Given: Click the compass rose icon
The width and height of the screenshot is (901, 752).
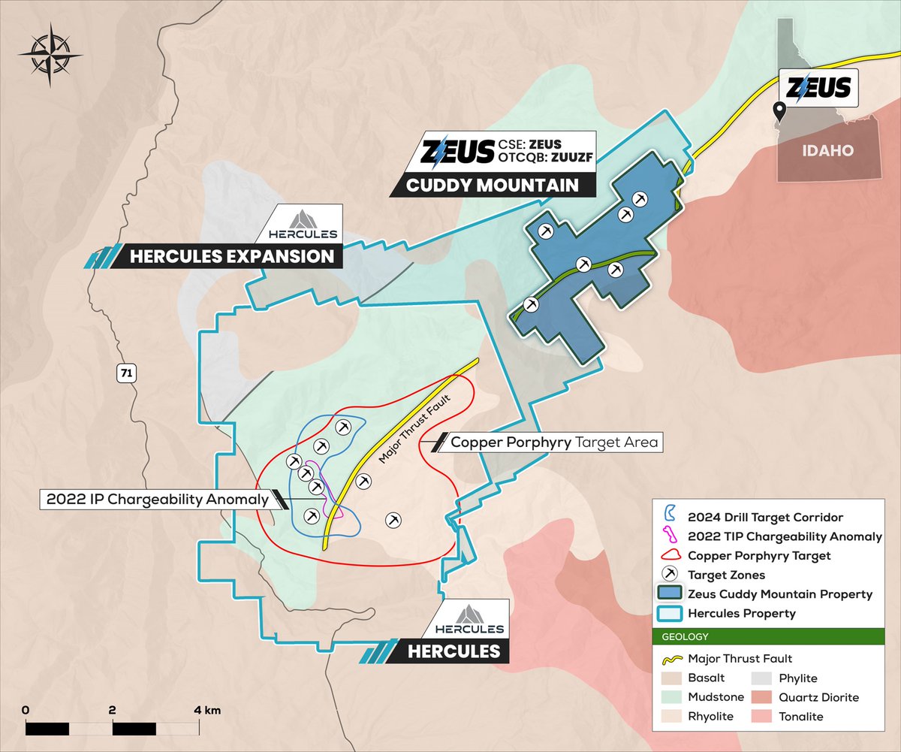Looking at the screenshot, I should tap(47, 55).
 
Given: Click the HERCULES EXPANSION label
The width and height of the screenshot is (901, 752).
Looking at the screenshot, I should tap(231, 257).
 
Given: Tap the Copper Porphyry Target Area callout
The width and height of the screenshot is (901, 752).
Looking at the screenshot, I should tap(554, 442).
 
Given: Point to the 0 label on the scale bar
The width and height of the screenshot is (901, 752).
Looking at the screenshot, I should tap(26, 710).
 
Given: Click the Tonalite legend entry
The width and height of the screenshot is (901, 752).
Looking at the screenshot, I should tap(800, 717).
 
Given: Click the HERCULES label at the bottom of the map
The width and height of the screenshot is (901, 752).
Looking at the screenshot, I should tap(454, 651).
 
